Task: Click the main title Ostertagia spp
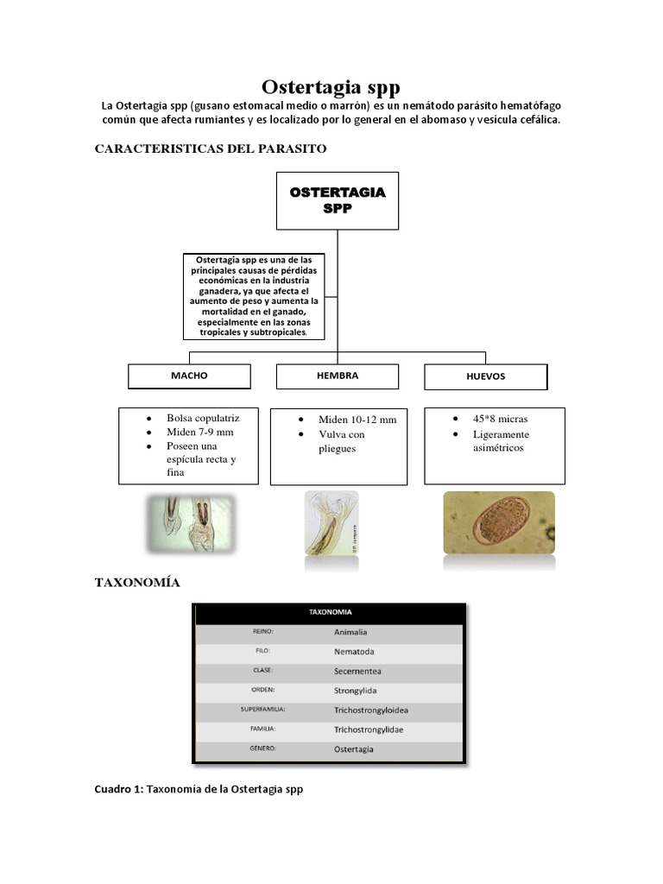click(x=331, y=88)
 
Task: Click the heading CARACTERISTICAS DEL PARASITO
click(x=210, y=148)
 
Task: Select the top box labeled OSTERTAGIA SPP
click(x=337, y=200)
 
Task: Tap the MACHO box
click(x=189, y=376)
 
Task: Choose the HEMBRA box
click(x=337, y=376)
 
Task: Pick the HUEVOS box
click(x=485, y=377)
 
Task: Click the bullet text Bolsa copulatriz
click(x=203, y=418)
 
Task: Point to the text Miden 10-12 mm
click(x=357, y=420)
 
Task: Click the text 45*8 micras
click(x=500, y=419)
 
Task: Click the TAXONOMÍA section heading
click(x=137, y=583)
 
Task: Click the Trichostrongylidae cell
click(x=369, y=729)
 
